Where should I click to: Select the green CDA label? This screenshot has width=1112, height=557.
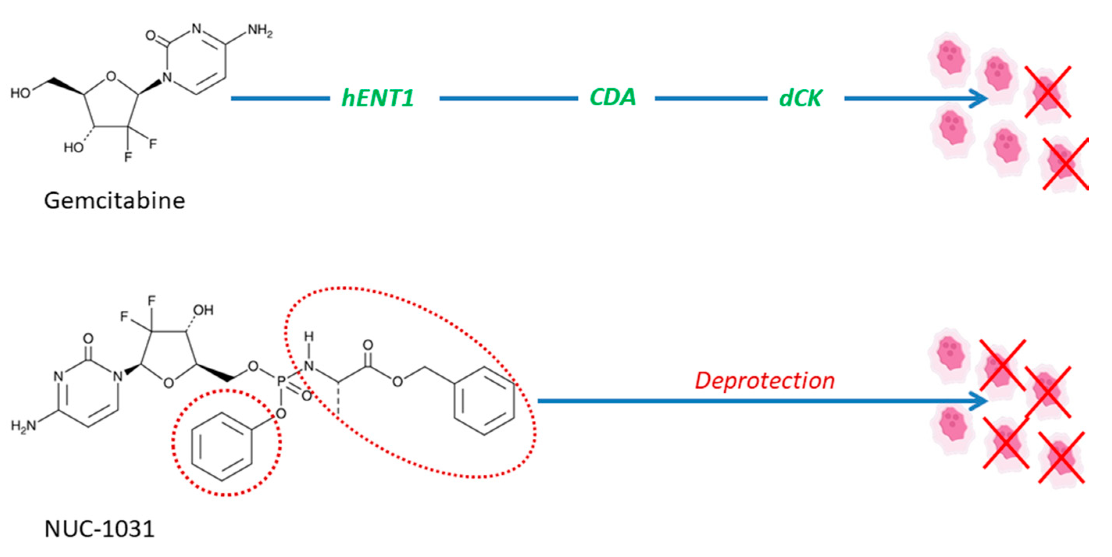pyautogui.click(x=613, y=97)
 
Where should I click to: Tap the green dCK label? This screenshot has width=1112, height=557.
pyautogui.click(x=800, y=98)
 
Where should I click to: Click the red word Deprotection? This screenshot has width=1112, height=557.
pyautogui.click(x=764, y=381)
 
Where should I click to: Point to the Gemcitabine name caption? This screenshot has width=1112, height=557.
pyautogui.click(x=114, y=201)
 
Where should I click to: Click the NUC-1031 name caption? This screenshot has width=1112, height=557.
pyautogui.click(x=99, y=529)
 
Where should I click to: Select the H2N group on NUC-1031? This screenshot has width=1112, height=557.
pyautogui.click(x=23, y=426)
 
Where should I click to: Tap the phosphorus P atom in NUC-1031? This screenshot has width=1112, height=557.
pyautogui.click(x=281, y=381)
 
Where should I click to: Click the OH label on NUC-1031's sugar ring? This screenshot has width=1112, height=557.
pyautogui.click(x=203, y=310)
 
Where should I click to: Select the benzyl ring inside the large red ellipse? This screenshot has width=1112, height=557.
pyautogui.click(x=484, y=401)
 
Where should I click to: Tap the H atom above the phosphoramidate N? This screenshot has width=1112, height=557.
pyautogui.click(x=309, y=336)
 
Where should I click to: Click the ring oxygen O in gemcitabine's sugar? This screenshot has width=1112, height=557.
pyautogui.click(x=111, y=77)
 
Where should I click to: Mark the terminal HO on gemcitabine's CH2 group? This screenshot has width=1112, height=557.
pyautogui.click(x=20, y=93)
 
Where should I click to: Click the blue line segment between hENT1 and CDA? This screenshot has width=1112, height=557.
pyautogui.click(x=508, y=98)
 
